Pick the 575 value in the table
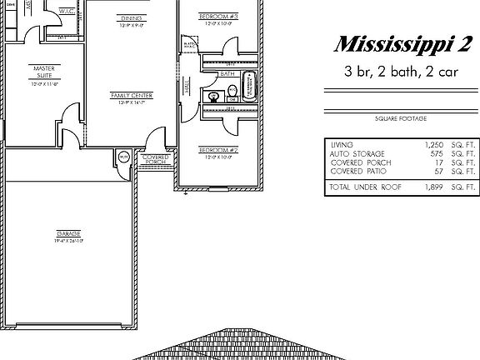(429, 153)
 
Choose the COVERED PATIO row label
(356, 172)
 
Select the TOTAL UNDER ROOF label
(365, 187)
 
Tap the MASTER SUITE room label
(44, 72)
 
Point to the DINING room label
(130, 17)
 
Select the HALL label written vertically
(187, 86)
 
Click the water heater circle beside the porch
(123, 156)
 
